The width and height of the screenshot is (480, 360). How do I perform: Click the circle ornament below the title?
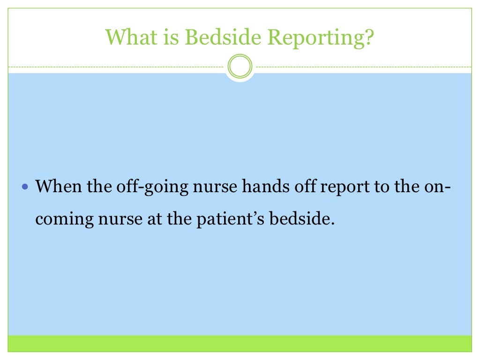pos(240,67)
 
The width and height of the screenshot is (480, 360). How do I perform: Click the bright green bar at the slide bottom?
pos(240,343)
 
